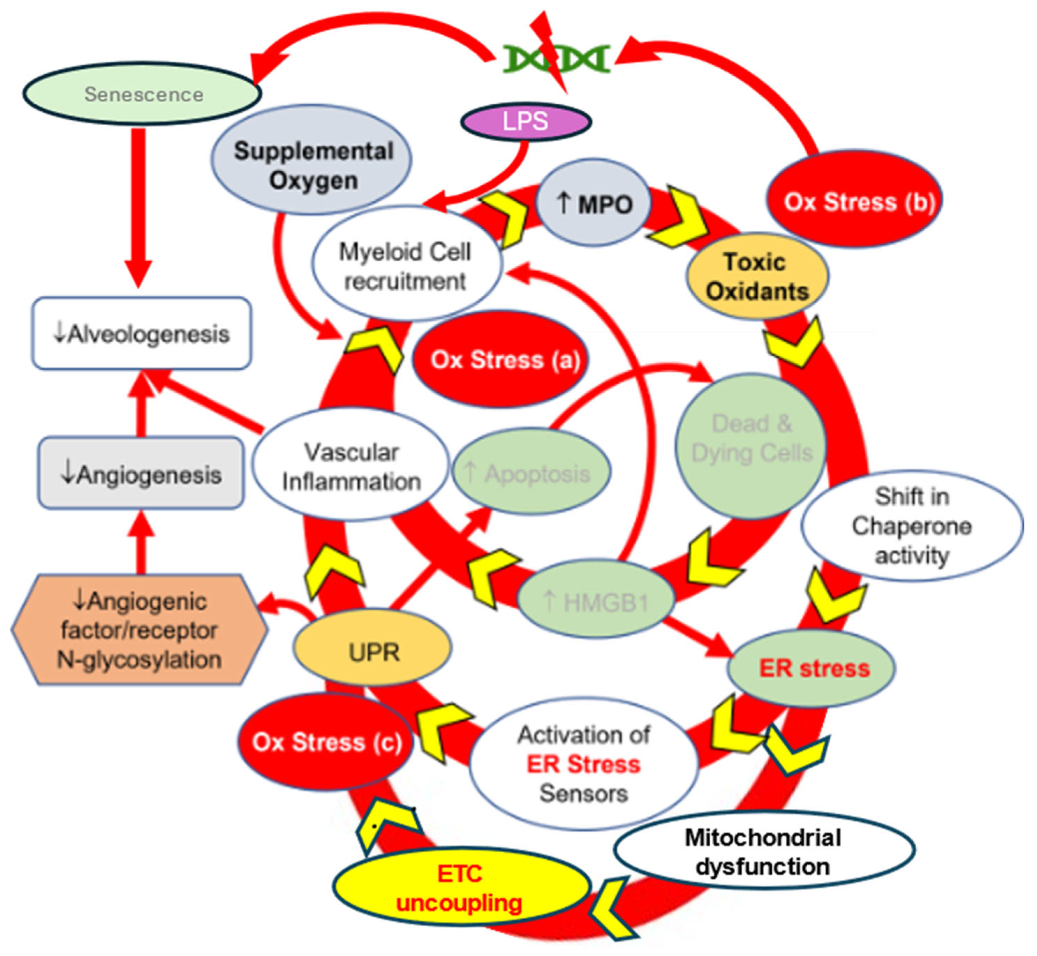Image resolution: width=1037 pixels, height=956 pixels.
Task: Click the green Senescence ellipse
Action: coord(142,94)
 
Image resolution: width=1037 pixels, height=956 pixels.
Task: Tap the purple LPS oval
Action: coord(526,121)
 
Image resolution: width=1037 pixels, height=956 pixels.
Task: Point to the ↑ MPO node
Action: coord(593,203)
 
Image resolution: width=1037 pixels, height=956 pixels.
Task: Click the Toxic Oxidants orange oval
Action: coord(757,276)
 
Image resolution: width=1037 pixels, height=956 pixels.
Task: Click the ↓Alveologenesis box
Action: coord(142,334)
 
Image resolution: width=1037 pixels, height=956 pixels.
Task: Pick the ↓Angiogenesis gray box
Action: coord(141,473)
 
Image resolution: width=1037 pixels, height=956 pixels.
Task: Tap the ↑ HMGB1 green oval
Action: coord(596,602)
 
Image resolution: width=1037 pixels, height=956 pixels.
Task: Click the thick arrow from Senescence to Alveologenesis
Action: coord(138,207)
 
